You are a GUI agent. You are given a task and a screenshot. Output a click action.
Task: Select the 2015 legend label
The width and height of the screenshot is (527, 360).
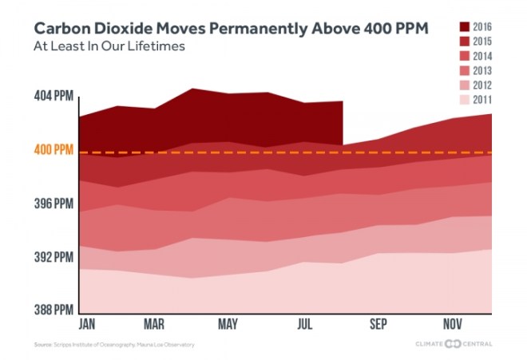pyautogui.click(x=481, y=42)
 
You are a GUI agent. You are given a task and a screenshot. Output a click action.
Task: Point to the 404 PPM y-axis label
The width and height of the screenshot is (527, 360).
pyautogui.click(x=53, y=96)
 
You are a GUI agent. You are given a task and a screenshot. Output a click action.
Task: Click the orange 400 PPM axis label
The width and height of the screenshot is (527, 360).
pyautogui.click(x=53, y=150)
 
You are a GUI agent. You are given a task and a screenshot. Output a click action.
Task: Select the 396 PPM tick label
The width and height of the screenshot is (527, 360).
pyautogui.click(x=53, y=204)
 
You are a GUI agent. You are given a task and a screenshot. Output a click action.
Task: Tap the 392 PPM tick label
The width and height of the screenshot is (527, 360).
pyautogui.click(x=53, y=257)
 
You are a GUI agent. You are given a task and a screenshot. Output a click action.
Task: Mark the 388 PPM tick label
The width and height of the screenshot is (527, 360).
pyautogui.click(x=53, y=310)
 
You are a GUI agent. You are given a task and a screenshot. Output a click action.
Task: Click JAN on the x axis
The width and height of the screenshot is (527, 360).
pyautogui.click(x=89, y=325)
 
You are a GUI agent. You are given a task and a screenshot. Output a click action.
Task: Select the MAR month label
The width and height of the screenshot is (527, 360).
pyautogui.click(x=154, y=325)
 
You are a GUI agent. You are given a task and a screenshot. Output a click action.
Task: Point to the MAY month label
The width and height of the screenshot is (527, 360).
pyautogui.click(x=228, y=325)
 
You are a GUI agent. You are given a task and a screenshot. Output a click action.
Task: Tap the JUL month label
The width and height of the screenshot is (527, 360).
pyautogui.click(x=304, y=325)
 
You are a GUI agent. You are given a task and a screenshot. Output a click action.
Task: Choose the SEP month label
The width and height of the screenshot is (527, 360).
pyautogui.click(x=378, y=325)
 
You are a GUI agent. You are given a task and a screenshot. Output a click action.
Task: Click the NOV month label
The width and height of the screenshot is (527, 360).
pyautogui.click(x=453, y=325)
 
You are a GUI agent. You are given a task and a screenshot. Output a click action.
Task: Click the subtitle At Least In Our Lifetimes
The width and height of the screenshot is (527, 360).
pyautogui.click(x=109, y=46)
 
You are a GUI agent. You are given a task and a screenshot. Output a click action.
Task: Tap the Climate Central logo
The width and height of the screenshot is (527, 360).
pyautogui.click(x=453, y=344)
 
